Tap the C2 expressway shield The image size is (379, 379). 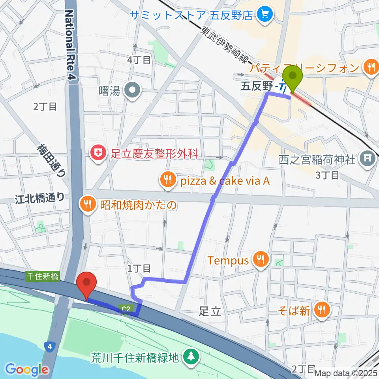coord(125,308)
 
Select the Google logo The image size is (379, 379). coord(26,370)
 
